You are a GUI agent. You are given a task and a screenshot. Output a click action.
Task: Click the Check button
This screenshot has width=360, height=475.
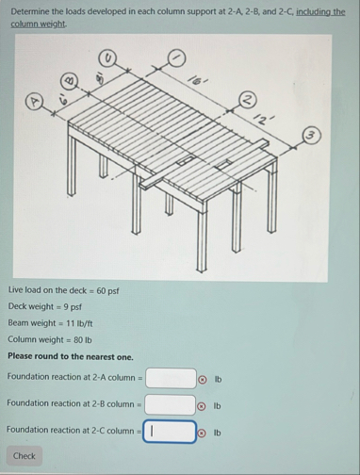[x=25, y=456]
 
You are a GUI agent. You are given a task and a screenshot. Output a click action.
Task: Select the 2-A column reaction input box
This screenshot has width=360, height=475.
[x=171, y=379]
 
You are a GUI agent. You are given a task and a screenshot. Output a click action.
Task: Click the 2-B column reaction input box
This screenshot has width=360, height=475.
[x=171, y=405]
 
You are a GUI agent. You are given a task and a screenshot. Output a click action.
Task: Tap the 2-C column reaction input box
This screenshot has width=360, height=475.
[x=170, y=432]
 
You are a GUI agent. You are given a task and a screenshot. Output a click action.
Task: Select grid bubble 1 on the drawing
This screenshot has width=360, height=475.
[x=176, y=58]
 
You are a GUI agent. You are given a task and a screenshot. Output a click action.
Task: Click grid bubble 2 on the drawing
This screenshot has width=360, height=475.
[x=249, y=100]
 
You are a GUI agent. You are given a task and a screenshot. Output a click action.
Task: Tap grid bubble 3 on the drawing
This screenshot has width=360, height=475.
[x=311, y=136]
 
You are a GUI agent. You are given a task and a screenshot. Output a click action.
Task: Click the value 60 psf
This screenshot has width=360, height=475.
[x=107, y=291]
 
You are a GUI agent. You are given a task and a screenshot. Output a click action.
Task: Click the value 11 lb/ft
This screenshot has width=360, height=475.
[x=79, y=323]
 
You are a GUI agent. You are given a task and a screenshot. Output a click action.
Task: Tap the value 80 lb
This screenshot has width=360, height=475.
[x=83, y=340]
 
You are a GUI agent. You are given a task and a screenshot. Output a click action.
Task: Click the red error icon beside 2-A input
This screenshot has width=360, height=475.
[x=203, y=380]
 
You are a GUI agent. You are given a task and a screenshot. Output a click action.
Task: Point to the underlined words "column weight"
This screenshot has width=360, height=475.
[x=38, y=24]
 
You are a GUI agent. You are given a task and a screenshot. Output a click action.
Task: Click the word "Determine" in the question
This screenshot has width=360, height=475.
[x=30, y=11]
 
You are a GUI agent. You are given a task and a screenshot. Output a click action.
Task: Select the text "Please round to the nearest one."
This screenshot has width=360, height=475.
[x=71, y=356]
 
